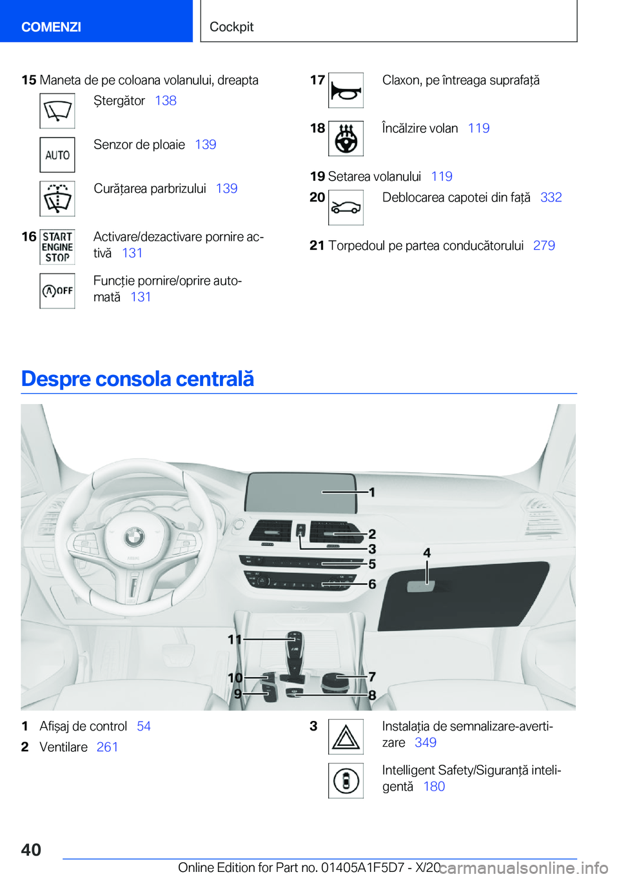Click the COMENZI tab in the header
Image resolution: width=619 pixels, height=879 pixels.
click(x=52, y=26)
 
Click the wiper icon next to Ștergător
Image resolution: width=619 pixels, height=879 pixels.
click(x=57, y=111)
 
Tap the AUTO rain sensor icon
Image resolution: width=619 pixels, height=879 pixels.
click(x=57, y=155)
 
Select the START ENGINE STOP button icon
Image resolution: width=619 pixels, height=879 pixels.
click(x=57, y=247)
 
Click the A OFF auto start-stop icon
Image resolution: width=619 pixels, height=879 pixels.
click(x=57, y=291)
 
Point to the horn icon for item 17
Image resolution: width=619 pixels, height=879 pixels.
click(x=346, y=90)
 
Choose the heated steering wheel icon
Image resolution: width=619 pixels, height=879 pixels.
click(x=346, y=138)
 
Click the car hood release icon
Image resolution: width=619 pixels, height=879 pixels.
click(x=346, y=208)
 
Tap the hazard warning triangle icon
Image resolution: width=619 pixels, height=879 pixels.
click(x=346, y=736)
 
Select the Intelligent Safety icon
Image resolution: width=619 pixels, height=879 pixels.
click(x=346, y=780)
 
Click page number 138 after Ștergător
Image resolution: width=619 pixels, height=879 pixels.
click(x=166, y=101)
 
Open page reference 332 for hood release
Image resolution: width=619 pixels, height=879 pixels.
click(x=551, y=197)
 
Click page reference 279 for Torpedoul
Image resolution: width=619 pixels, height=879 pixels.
click(x=544, y=246)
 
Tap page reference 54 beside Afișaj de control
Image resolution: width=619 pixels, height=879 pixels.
click(x=144, y=727)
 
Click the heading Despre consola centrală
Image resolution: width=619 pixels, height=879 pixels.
click(x=137, y=379)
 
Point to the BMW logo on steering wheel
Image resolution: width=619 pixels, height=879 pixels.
click(x=134, y=535)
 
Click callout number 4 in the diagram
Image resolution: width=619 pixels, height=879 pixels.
click(x=427, y=553)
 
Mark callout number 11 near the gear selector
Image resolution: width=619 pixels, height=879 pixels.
click(x=234, y=640)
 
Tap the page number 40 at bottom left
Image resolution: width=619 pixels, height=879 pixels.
click(x=31, y=850)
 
